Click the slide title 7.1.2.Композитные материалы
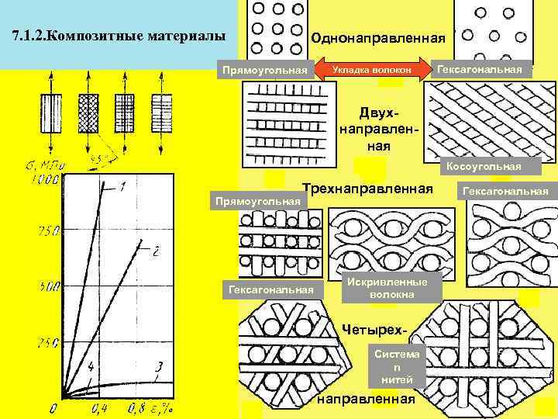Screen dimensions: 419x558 (120, 36)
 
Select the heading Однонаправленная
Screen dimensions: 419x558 (377, 38)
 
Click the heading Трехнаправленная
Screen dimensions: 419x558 (367, 189)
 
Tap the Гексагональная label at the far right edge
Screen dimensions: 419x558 (505, 191)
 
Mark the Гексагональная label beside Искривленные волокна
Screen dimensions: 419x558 (269, 289)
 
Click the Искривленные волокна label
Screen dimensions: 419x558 (392, 289)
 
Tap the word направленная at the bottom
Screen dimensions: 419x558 (367, 399)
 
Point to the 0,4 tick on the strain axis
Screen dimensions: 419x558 (98, 407)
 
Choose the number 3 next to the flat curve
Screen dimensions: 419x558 (159, 365)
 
